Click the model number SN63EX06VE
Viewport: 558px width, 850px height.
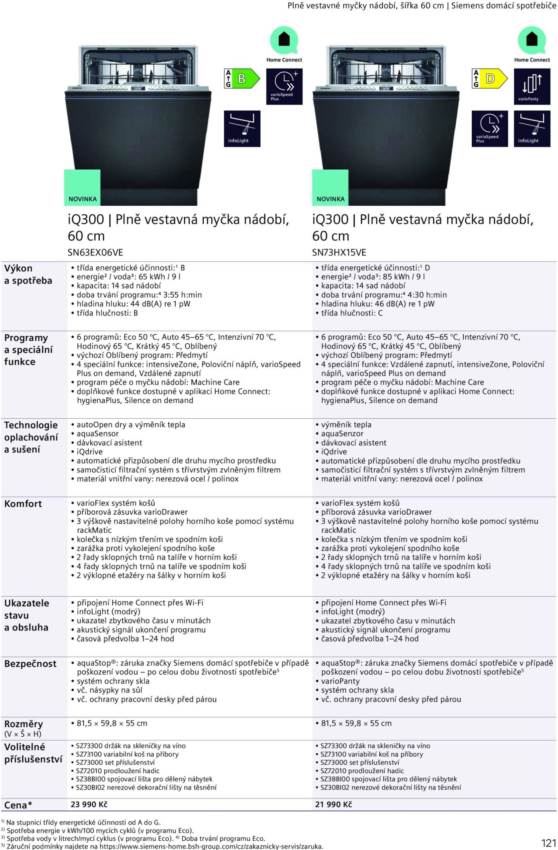pos(95,252)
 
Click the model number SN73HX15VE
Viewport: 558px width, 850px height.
pos(339,252)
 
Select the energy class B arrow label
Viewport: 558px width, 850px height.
pos(241,79)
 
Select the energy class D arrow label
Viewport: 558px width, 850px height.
pos(489,79)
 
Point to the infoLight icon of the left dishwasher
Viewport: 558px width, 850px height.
pos(242,128)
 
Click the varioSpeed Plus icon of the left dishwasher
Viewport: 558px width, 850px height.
pos(284,87)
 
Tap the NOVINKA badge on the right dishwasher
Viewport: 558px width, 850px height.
pos(330,188)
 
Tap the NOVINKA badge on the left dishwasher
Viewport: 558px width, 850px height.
pos(82,188)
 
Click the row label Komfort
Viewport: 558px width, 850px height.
pos(23,504)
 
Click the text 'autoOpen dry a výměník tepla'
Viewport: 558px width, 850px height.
pos(131,425)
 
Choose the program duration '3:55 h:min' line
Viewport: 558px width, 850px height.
pos(139,295)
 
